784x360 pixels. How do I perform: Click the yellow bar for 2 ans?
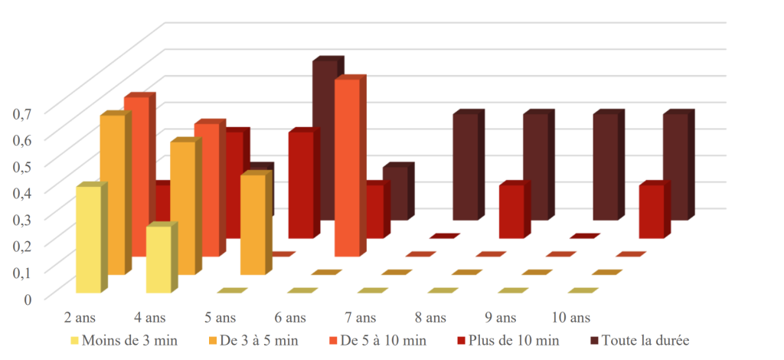pos(89,239)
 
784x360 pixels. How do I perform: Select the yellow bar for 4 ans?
pos(159,259)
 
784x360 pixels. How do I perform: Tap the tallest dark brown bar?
pos(325,140)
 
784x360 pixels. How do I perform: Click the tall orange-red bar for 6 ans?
pos(348,168)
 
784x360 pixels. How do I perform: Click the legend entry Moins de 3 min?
pos(124,341)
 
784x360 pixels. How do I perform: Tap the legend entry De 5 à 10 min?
pos(377,341)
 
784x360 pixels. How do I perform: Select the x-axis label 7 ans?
pos(360,318)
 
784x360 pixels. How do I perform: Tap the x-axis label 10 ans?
pos(571,318)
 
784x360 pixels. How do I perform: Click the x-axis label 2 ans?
pos(80,318)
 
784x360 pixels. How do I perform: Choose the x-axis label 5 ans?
pos(220,318)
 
